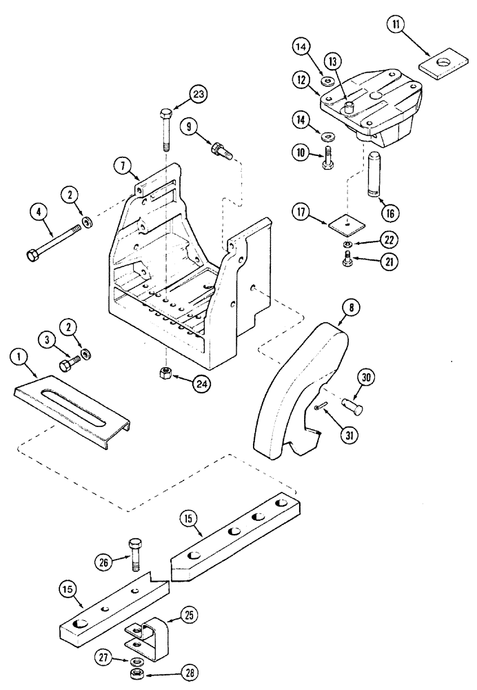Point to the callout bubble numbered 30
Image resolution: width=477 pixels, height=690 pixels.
365,377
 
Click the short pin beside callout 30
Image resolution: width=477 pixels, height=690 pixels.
352,408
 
